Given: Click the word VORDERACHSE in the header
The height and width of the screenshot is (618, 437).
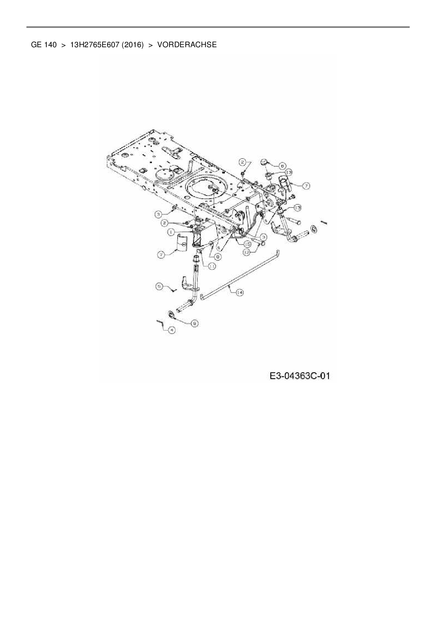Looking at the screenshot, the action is tap(187, 45).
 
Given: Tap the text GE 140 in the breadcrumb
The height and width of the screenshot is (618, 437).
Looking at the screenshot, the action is tap(44, 45).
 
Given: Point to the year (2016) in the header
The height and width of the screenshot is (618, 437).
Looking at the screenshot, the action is tap(133, 45).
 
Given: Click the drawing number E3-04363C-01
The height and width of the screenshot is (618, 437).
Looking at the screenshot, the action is tap(300, 376).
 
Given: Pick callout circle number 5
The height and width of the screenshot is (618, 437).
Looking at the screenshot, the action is tap(160, 287).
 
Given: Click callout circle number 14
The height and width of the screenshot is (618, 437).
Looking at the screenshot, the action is tap(240, 292).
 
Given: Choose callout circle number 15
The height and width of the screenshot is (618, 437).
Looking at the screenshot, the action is tap(247, 244).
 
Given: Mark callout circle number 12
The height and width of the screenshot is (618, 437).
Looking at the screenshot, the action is tap(246, 252).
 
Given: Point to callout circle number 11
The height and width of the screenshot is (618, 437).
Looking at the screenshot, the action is tap(212, 267).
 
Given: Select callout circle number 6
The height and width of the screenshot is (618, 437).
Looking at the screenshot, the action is tap(282, 165).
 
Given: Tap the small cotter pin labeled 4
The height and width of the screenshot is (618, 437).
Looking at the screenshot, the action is tap(160, 323).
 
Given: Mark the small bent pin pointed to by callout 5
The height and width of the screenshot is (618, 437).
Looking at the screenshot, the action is tap(173, 290).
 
